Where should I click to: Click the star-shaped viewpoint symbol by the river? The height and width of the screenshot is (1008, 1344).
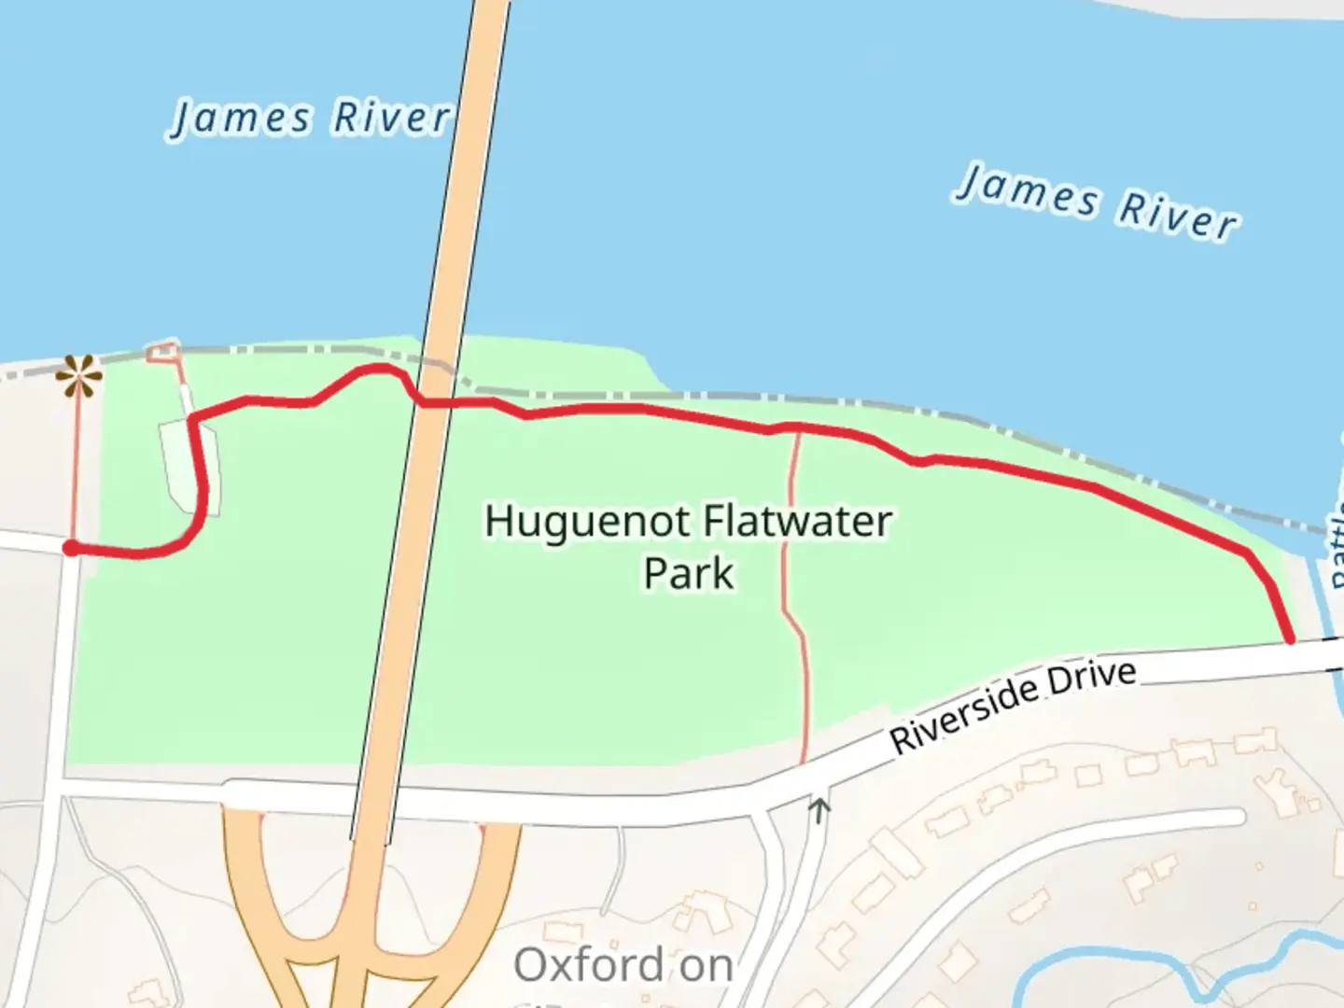[78, 377]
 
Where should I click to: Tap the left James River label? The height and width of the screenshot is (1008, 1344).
[312, 119]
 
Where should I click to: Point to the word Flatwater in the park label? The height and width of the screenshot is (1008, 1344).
[798, 521]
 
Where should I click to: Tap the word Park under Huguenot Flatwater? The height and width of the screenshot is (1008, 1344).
[689, 573]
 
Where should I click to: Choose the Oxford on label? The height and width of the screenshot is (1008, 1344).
[623, 965]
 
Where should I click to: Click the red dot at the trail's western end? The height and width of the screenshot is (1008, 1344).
[71, 548]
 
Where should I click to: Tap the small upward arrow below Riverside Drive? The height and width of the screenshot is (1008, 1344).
[819, 808]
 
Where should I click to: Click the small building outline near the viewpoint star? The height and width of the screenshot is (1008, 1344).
[163, 351]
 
